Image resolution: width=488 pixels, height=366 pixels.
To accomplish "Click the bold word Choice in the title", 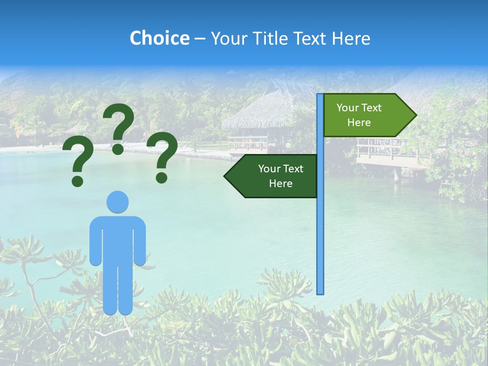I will pyautogui.click(x=159, y=38).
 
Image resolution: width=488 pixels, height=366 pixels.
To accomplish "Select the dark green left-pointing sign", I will pyautogui.click(x=274, y=176).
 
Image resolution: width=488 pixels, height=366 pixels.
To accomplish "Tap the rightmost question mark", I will pyautogui.click(x=162, y=157).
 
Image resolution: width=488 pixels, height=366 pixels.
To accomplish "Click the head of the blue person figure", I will pyautogui.click(x=117, y=202).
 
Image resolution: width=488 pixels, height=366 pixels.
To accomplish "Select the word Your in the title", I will pyautogui.click(x=227, y=38).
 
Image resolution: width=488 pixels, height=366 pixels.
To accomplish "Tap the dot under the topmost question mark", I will pyautogui.click(x=118, y=149).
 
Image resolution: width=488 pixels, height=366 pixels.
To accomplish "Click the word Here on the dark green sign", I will pyautogui.click(x=281, y=184).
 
